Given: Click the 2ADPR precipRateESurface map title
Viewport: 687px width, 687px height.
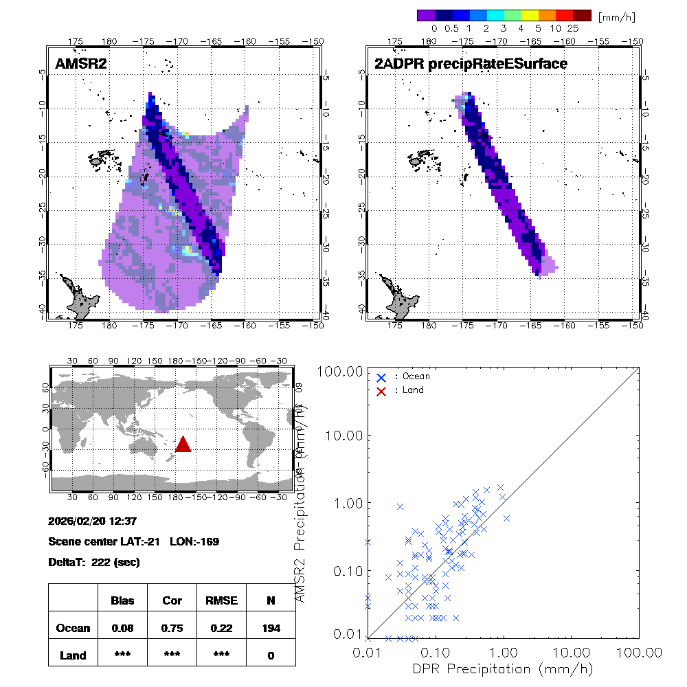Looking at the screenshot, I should [471, 64].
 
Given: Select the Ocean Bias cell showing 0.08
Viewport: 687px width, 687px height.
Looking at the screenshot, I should [122, 628].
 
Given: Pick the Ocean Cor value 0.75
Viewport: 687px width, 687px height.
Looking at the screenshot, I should [172, 628].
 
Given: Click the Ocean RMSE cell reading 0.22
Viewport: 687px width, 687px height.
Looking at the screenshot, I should [221, 628].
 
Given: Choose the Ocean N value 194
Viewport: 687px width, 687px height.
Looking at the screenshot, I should [271, 628].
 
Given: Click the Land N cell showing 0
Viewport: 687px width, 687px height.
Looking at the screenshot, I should [271, 655].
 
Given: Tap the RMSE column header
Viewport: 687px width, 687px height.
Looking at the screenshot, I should [221, 600].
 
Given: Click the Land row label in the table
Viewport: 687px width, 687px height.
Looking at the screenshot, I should [73, 655].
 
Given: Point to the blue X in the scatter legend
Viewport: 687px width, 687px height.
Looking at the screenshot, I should [381, 377].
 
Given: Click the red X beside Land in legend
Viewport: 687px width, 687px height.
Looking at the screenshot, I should [381, 390].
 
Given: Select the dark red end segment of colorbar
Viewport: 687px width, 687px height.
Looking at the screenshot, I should [582, 15].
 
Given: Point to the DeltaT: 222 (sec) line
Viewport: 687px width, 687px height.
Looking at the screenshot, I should [94, 562].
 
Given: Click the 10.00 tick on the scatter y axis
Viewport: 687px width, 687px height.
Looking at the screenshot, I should [343, 436].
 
